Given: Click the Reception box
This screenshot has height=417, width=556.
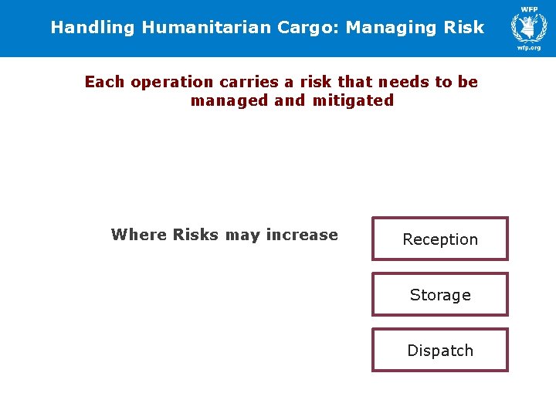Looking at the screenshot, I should [440, 239].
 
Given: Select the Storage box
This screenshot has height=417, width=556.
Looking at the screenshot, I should [440, 295].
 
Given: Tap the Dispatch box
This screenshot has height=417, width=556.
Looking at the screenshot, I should [440, 351].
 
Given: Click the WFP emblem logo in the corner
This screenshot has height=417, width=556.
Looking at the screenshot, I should [529, 27].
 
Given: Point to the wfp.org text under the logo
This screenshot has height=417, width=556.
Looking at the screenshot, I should [529, 48].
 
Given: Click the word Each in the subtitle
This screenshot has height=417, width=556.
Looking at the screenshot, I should [105, 82].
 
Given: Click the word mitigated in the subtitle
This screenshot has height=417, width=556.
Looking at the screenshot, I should [353, 100].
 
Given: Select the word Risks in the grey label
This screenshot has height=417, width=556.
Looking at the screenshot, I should [196, 235].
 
